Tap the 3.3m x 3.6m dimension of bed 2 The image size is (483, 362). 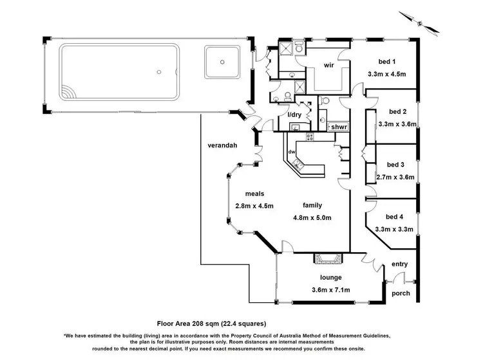tap(397, 124)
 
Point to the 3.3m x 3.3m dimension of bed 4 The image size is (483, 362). tap(397, 228)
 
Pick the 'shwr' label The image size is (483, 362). tap(339, 127)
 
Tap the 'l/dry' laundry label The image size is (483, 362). tap(294, 114)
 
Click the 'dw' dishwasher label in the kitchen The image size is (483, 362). tap(292, 152)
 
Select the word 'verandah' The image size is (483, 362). tap(222, 145)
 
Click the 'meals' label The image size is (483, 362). tap(254, 194)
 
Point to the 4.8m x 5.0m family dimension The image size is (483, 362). tap(312, 217)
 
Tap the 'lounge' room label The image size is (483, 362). tap(330, 279)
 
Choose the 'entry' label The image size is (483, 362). tap(400, 264)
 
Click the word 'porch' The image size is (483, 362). tap(401, 293)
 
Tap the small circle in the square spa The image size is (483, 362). tap(222, 62)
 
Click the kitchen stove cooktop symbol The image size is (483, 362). tap(310, 136)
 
